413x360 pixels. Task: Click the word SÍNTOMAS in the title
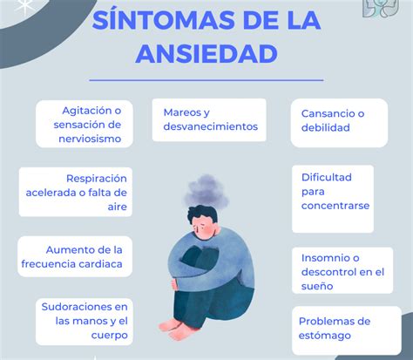click(163, 20)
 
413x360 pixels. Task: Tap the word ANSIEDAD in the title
click(206, 54)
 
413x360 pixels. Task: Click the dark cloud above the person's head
click(206, 191)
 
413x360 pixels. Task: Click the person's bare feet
click(174, 329)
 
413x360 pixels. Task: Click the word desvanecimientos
click(211, 126)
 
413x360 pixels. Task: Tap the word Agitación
click(88, 111)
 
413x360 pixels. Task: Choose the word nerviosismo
click(90, 139)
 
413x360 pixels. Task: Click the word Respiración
click(97, 179)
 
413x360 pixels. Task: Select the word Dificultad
click(327, 177)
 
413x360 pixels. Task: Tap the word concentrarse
click(335, 206)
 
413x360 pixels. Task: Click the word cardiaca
click(100, 264)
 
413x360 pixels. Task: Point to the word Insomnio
click(325, 258)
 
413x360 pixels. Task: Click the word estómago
click(325, 336)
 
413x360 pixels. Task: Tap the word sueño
click(317, 287)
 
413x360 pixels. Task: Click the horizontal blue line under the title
click(206, 80)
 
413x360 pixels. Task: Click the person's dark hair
click(202, 213)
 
